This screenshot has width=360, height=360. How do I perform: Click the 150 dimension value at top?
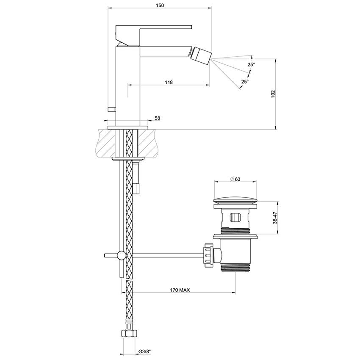160,5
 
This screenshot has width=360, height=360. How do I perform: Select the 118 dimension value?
169,82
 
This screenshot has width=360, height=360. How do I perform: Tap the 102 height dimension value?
273,94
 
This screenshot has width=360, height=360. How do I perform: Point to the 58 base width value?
158,118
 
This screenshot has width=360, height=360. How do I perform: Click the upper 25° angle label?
251,64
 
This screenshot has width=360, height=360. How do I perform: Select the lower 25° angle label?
245,81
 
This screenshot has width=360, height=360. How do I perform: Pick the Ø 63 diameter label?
235,179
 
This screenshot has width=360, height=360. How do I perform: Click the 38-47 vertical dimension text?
276,218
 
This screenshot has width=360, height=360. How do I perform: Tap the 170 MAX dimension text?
180,290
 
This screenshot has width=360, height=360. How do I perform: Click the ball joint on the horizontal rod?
121,255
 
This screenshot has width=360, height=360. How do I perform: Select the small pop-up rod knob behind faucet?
112,110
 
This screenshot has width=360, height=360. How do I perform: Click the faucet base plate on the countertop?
128,127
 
